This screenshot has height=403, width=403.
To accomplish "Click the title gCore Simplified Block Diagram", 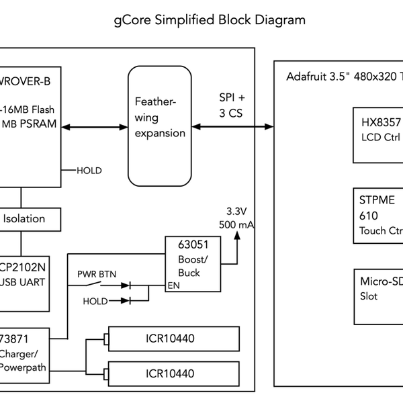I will pyautogui.click(x=210, y=19).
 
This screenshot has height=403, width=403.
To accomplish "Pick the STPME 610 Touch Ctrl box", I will pyautogui.click(x=378, y=216).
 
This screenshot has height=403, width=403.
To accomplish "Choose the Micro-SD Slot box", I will pyautogui.click(x=378, y=296).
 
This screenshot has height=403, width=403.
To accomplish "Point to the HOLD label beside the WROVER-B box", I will pyautogui.click(x=89, y=171).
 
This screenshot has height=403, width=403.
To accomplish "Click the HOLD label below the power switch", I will pyautogui.click(x=95, y=301).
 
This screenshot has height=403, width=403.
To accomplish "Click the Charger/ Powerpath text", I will pyautogui.click(x=22, y=361).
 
